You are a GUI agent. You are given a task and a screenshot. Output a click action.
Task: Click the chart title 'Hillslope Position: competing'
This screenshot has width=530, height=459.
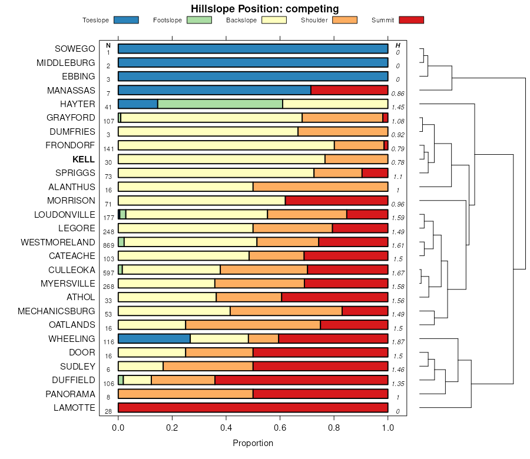264,9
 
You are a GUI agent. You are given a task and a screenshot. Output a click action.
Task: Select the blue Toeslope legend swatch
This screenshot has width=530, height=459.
126,20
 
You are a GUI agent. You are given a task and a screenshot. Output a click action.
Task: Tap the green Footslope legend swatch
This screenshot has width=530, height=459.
199,20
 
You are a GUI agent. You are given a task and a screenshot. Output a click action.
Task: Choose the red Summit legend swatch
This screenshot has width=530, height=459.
411,20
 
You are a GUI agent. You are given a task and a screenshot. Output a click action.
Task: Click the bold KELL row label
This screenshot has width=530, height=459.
84,159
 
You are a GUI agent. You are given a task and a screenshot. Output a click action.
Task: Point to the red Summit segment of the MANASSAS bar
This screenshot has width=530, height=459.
349,90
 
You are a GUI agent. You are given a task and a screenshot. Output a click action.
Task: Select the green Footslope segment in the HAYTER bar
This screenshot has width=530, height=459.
220,104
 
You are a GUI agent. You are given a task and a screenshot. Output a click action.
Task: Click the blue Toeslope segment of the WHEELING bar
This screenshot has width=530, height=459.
154,338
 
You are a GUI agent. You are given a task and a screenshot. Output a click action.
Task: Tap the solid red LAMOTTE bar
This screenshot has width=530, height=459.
253,407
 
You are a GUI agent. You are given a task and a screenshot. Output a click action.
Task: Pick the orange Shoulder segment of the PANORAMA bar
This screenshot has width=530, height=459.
185,394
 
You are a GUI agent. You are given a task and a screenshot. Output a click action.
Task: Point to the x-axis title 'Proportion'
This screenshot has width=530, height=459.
253,443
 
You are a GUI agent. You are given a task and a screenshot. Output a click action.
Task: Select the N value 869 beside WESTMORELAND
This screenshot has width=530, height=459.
108,245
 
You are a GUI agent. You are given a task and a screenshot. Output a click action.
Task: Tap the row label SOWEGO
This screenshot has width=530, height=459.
75,49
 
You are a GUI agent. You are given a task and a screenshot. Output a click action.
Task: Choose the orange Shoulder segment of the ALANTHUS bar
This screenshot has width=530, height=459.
320,187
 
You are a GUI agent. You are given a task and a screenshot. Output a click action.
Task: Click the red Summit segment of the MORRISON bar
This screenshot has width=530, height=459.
336,201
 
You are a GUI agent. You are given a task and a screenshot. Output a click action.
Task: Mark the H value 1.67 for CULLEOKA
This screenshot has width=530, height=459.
399,273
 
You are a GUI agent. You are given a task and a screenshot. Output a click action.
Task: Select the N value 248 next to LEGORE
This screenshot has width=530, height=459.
108,232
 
